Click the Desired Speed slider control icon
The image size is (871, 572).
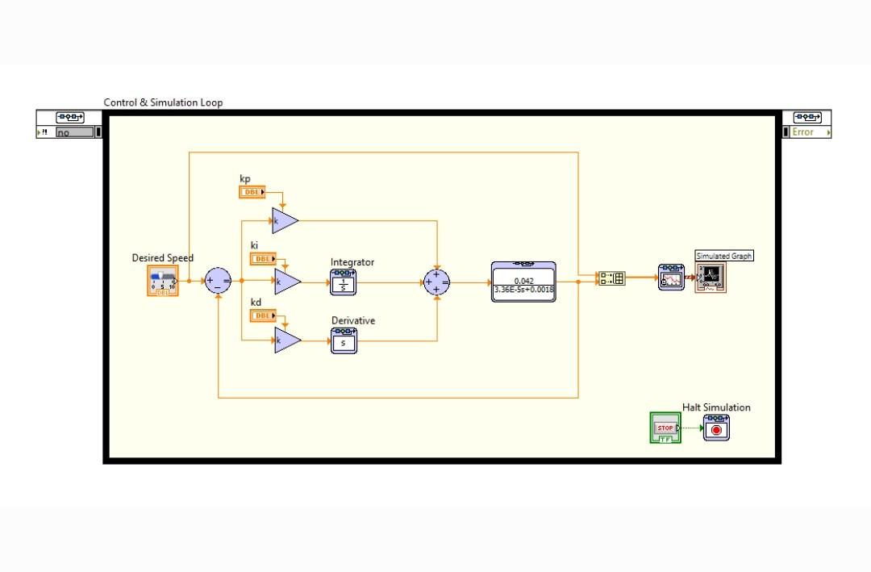pos(163,281)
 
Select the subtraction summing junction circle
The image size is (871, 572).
pos(217,281)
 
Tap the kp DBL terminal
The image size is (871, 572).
pos(252,192)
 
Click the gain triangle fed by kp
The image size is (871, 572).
pos(283,220)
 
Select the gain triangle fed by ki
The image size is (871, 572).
pos(285,281)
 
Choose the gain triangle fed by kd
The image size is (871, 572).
pos(285,340)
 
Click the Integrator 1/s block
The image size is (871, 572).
pos(344,282)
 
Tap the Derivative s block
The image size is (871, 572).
pos(344,341)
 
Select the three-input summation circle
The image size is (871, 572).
pos(436,281)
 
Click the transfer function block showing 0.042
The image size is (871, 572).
pos(523,282)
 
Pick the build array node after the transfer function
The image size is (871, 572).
pos(612,278)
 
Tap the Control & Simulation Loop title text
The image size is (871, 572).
pos(163,102)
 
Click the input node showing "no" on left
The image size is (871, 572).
pos(73,132)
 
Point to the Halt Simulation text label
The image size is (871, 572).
pos(716,407)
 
